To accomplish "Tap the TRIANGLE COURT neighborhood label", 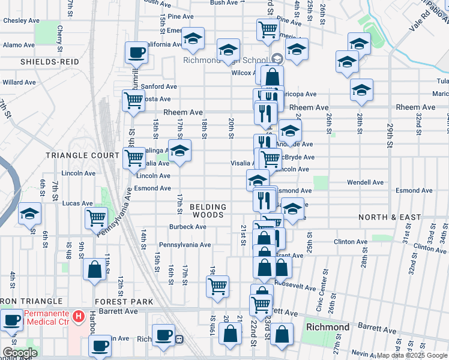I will [x=83, y=155].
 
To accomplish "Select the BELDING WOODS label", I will [x=208, y=210].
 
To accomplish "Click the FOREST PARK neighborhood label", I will [x=124, y=301].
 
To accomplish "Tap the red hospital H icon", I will [x=78, y=316].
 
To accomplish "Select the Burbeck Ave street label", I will [x=187, y=227].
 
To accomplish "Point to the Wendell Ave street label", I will [x=366, y=182].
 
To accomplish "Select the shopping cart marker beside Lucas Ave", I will [x=96, y=218].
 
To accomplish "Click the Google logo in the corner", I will [x=20, y=353].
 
